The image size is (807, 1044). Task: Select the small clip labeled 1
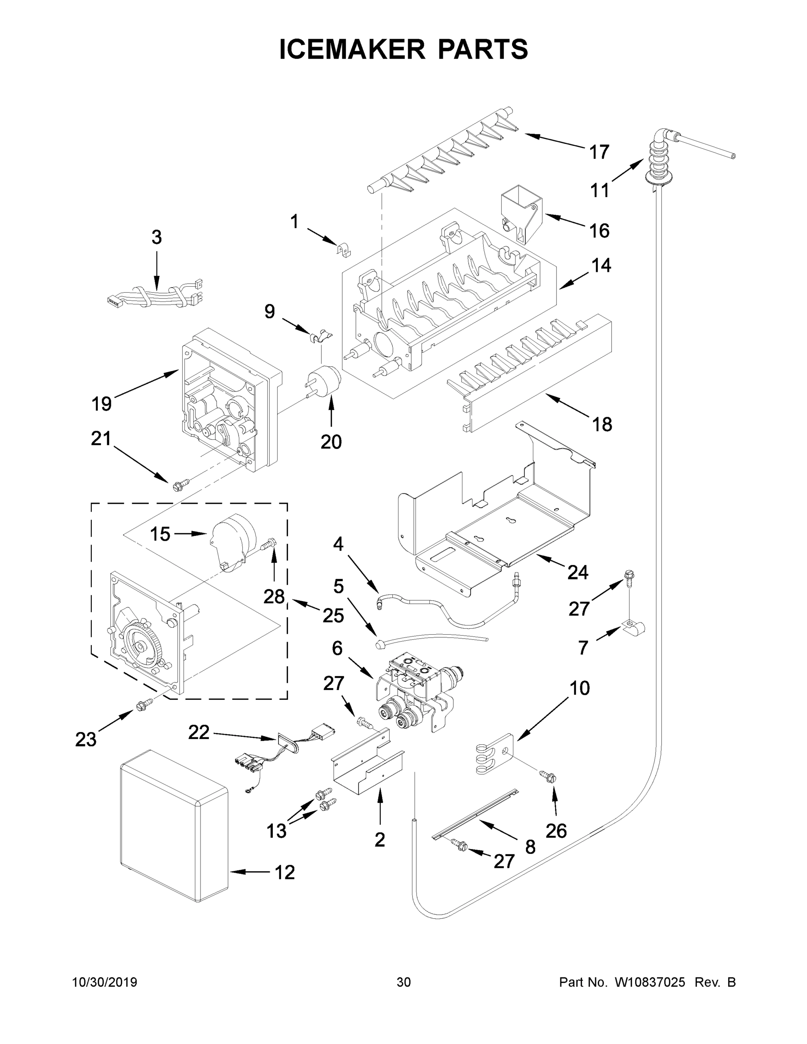coord(343,249)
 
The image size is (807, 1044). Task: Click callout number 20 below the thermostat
coord(331,442)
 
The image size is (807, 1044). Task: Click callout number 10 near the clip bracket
coord(579,688)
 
